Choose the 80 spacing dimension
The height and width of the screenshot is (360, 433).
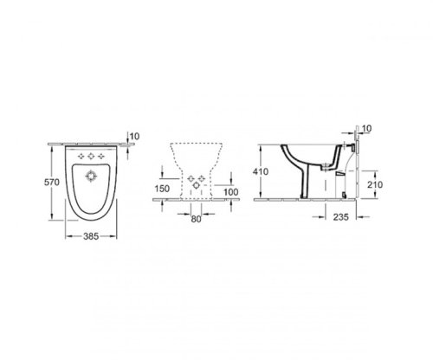(x=195, y=219)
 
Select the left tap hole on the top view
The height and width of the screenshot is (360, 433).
(x=80, y=156)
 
